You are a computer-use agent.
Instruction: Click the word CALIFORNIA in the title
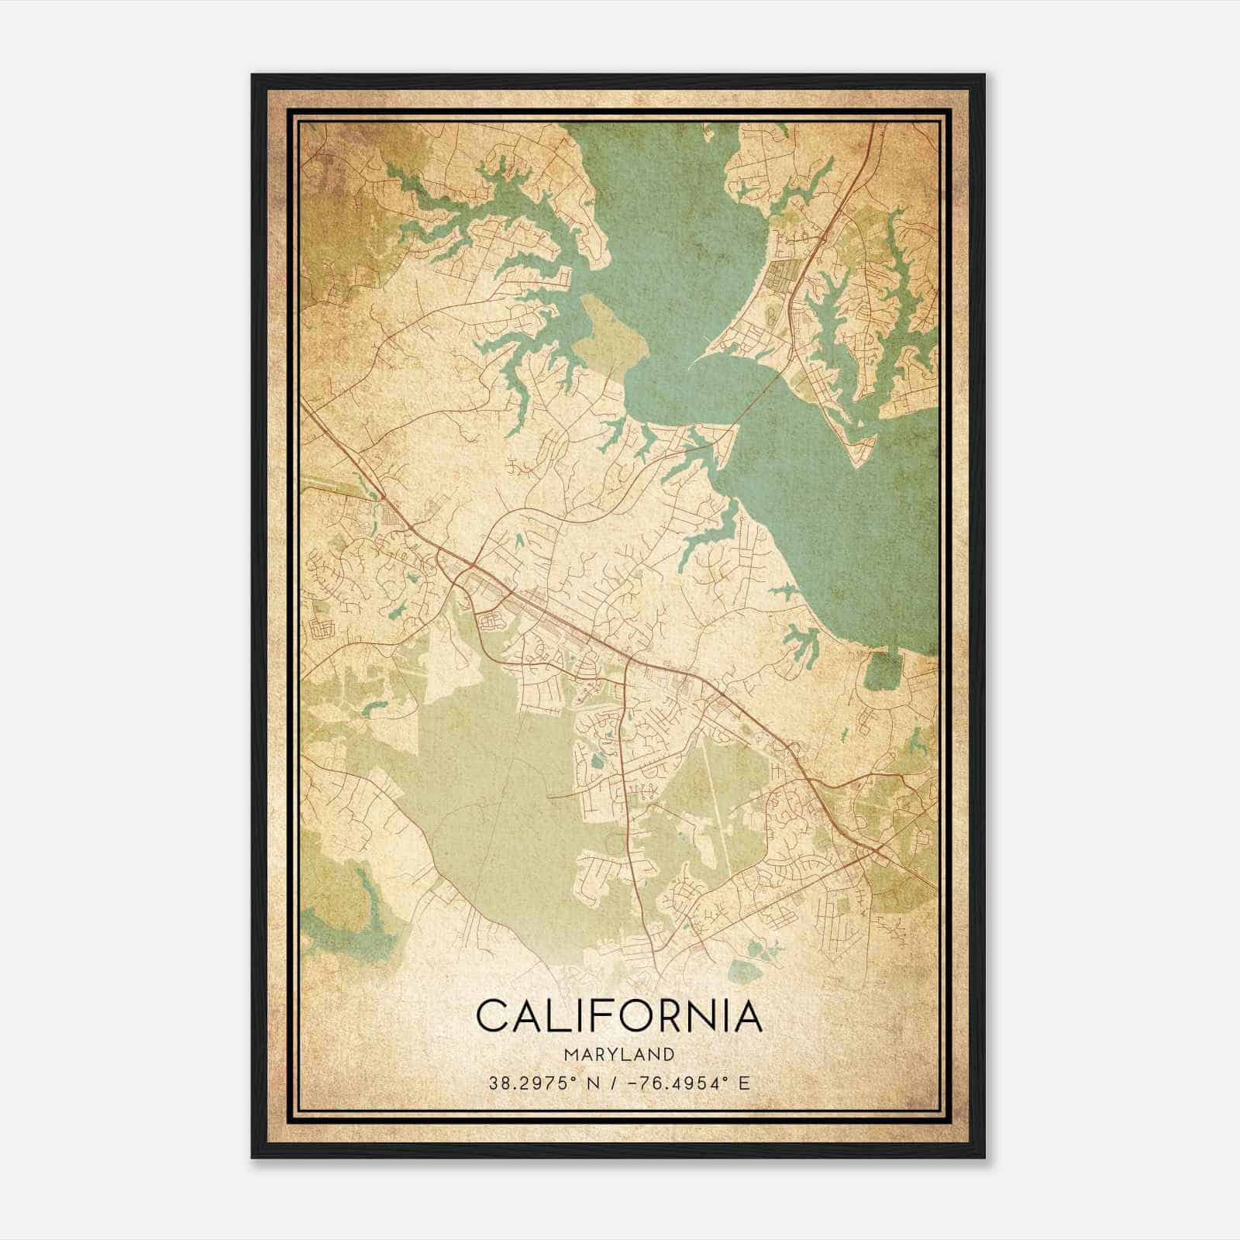tap(619, 1016)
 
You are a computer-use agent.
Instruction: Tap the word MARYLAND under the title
tap(619, 1055)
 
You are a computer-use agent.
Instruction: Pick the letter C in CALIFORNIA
tap(493, 1016)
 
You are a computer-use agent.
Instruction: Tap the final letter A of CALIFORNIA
tap(746, 1016)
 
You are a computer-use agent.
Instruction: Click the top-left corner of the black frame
tap(253, 76)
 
